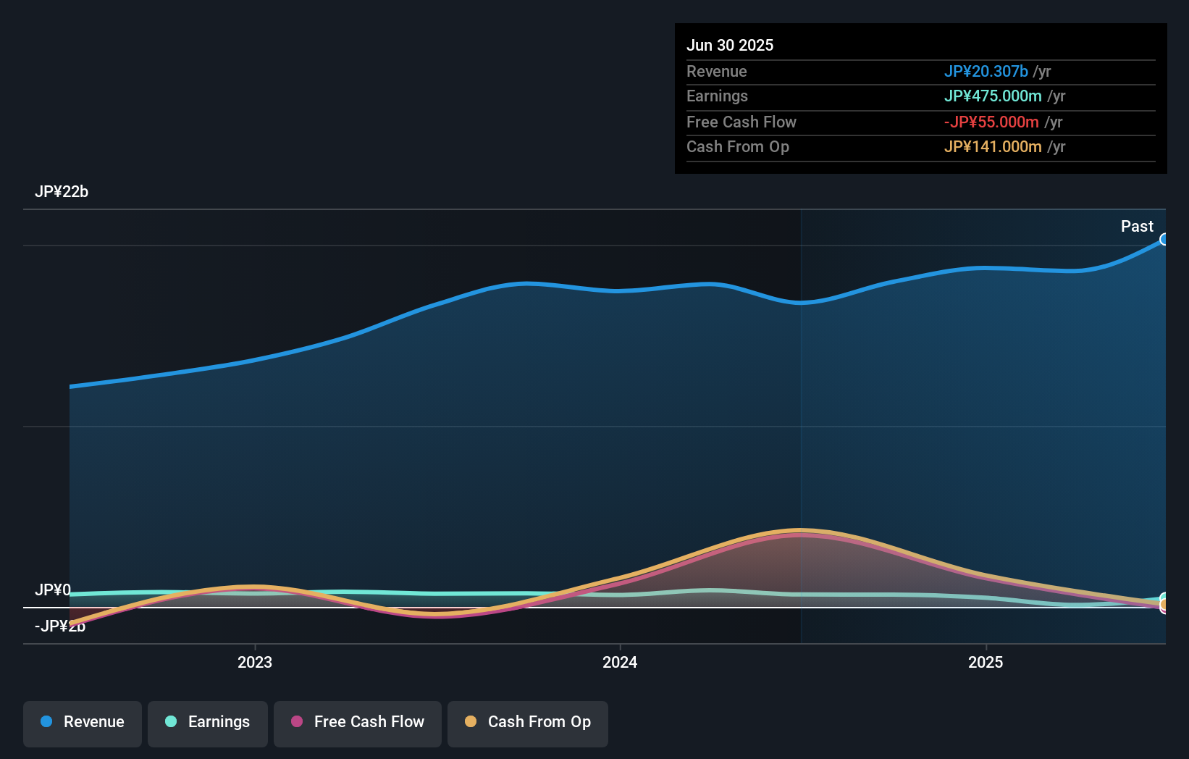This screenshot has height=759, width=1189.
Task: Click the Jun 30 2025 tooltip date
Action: click(729, 45)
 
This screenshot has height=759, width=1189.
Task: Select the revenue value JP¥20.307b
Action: click(986, 71)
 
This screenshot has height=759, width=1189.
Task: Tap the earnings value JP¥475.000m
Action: click(992, 96)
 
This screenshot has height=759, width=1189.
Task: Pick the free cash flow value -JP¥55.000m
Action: click(991, 122)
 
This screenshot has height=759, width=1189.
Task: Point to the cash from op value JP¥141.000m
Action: click(992, 146)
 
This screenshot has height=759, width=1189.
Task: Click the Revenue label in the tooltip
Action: click(716, 71)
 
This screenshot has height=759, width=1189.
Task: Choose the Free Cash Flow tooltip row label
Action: click(741, 122)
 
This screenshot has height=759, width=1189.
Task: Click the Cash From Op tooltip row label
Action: click(737, 146)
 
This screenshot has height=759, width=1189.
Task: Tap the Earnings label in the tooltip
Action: click(717, 96)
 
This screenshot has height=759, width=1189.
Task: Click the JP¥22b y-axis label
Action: click(62, 191)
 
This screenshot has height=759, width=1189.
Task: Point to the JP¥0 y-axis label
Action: click(53, 590)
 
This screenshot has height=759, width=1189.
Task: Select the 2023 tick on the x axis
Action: click(255, 661)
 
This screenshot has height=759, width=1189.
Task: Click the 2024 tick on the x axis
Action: click(620, 661)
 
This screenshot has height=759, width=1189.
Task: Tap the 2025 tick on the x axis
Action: click(986, 661)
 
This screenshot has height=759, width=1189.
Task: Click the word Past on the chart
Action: click(1136, 226)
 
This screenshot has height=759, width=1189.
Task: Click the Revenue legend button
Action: click(83, 722)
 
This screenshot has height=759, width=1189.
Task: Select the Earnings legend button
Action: click(208, 722)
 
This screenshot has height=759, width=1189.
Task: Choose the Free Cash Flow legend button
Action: click(358, 722)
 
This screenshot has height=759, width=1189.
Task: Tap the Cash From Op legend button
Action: click(528, 722)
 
